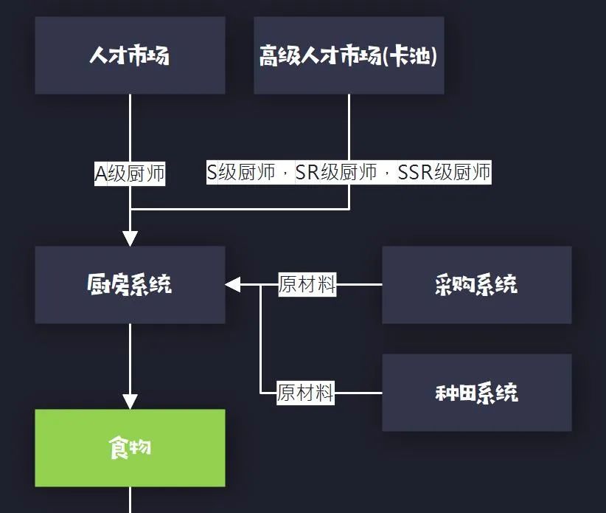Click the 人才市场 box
pos(130,55)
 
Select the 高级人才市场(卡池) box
pos(349,55)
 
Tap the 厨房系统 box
pos(130,284)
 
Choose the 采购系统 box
pos(476,284)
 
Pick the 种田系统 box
pos(476,392)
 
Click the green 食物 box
pos(130,447)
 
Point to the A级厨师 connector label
pos(130,173)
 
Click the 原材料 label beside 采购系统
pos(307,284)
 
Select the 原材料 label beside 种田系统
pos(306,392)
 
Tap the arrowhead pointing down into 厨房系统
pos(130,238)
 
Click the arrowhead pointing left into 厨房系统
pos(233,284)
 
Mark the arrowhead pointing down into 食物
pos(130,402)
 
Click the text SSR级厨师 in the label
pos(444,173)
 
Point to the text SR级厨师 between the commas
pos(335,173)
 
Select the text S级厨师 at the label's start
pos(241,173)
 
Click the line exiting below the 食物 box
pos(130,500)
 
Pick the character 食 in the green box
pos(119,447)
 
